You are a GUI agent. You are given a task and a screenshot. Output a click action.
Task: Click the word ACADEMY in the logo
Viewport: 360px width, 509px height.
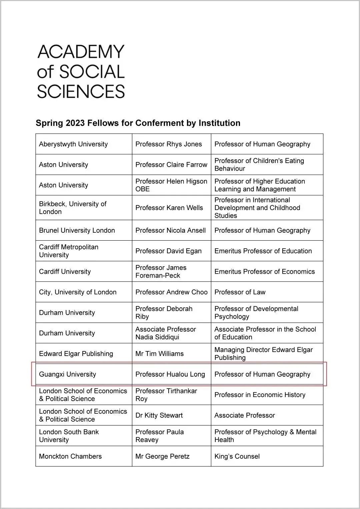(81, 52)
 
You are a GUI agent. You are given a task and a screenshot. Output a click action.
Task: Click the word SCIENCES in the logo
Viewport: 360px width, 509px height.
(81, 91)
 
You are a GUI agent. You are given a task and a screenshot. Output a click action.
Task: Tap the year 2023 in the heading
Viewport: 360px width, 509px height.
(75, 123)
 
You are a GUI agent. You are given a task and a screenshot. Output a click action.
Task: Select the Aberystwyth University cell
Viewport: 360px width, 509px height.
(73, 144)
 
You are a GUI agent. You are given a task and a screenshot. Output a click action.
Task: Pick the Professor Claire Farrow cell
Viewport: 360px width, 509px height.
(171, 165)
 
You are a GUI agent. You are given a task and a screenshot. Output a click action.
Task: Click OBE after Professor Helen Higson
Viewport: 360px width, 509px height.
(142, 189)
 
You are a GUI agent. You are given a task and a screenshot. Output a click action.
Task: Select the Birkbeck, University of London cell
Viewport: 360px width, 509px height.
(73, 208)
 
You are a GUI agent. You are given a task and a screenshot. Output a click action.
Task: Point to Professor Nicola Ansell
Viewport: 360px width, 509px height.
(170, 230)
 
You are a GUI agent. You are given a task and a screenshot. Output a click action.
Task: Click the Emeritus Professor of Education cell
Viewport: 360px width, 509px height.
(263, 251)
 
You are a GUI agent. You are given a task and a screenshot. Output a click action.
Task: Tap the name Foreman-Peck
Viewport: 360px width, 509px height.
(157, 275)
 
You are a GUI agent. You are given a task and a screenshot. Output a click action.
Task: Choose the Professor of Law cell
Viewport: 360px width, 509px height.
(240, 292)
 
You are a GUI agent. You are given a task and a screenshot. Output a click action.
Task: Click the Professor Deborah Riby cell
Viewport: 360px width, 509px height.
(164, 312)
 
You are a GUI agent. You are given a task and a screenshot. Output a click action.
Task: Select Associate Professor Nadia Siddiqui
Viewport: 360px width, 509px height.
(165, 333)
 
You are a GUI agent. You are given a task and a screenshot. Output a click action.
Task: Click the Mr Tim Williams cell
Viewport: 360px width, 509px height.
(159, 354)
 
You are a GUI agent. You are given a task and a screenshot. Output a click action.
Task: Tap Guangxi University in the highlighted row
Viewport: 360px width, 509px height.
(67, 374)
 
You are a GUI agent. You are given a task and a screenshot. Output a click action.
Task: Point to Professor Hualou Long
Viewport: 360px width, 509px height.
(170, 374)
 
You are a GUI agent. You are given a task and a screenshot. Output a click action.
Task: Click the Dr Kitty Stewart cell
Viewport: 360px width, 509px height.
(159, 415)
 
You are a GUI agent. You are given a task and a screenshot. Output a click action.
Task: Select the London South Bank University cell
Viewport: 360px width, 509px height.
(69, 436)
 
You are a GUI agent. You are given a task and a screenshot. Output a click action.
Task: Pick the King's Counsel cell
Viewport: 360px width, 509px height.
(237, 456)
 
